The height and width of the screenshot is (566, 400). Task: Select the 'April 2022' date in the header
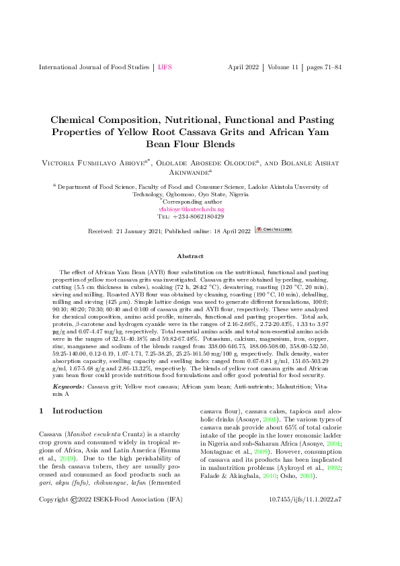[245, 68]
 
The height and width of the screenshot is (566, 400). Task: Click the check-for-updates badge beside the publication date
[274, 231]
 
